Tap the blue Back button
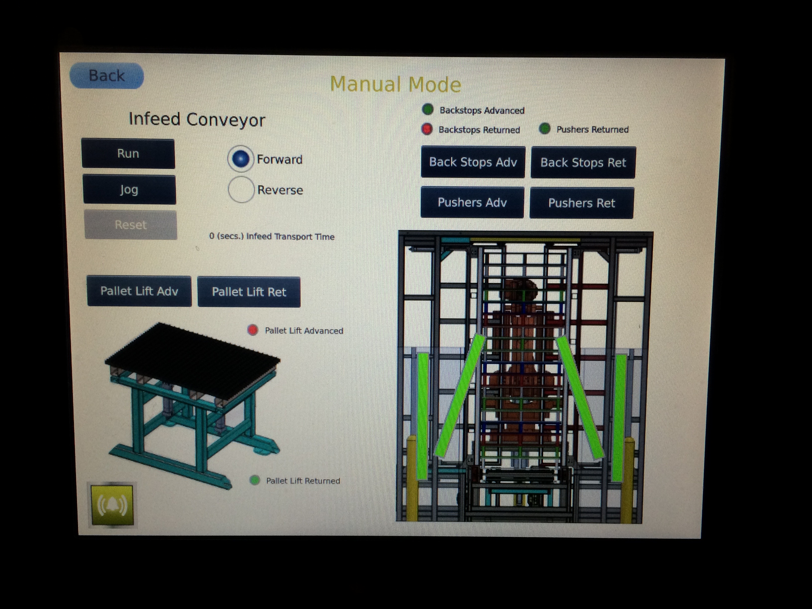coord(106,76)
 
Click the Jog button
coord(129,189)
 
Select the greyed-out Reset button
coord(131,225)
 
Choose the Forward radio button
coord(241,159)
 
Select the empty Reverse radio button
coord(241,190)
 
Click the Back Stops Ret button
coord(583,163)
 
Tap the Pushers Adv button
coord(472,202)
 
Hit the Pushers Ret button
coord(581,203)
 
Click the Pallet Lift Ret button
coord(249,292)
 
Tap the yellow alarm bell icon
coord(112,505)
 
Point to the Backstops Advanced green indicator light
coord(428,109)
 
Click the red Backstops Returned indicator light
coord(427,129)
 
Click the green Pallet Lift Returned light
coord(254,480)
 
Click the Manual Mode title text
coord(395,84)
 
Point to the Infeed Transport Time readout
coord(272,236)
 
